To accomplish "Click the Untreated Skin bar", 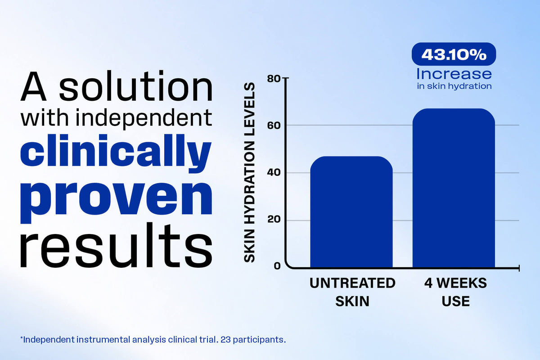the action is pos(351,211).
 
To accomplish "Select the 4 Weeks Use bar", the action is pos(454,188).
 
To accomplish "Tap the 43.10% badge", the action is pos(454,54).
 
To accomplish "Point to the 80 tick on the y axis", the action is pos(274,78).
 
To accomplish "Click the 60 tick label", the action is pos(274,126).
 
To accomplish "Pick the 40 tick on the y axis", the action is pos(274,173).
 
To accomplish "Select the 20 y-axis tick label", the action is pos(274,219).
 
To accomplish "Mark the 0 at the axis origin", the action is pos(277,266).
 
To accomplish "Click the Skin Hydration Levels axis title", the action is pos(249,172).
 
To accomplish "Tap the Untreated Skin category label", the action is pos(352,292).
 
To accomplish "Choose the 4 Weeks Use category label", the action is pos(455,292).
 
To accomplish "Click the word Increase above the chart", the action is pos(454,73).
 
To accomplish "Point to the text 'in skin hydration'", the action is pos(454,86).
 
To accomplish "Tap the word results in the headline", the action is pos(116,245).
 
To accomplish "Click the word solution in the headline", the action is pos(136,86).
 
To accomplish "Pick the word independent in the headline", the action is pos(144,118).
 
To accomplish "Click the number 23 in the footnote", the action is pos(225,339).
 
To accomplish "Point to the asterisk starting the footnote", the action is pos(22,337).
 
